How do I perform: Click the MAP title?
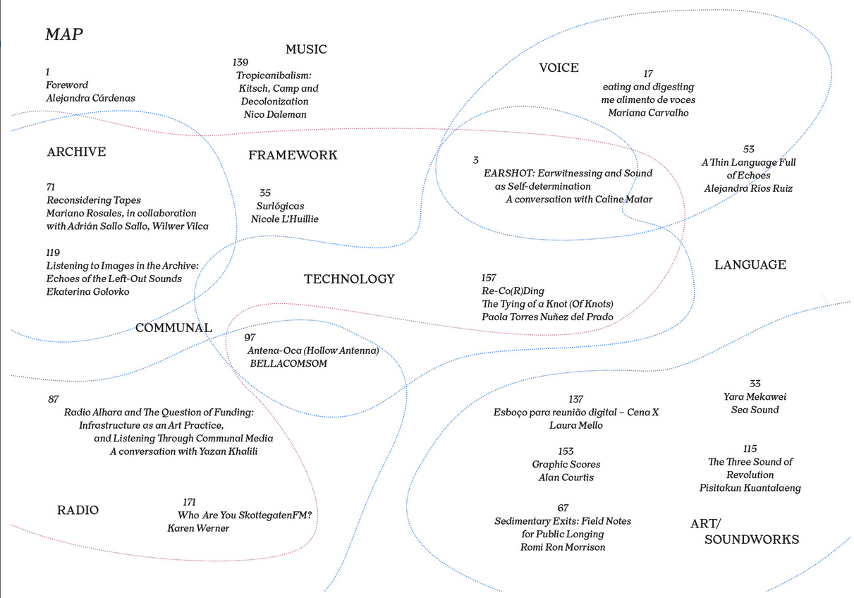tap(64, 35)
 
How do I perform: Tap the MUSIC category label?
tap(306, 49)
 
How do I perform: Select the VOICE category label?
tap(559, 68)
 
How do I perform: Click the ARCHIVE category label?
tap(77, 152)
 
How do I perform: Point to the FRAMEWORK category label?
tap(293, 155)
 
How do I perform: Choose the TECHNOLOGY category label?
tap(349, 279)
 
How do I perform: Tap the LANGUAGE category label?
tap(750, 265)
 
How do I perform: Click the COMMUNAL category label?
tap(174, 328)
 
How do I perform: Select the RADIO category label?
tap(78, 510)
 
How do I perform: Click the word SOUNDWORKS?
tap(752, 539)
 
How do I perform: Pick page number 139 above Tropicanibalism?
tap(240, 62)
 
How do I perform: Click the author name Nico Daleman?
tap(275, 114)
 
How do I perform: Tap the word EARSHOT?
tap(509, 173)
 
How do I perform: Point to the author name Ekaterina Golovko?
tap(87, 291)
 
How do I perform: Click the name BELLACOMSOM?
tap(288, 363)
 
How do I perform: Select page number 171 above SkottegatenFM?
tap(190, 502)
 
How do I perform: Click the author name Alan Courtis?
tap(566, 477)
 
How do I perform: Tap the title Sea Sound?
tap(755, 410)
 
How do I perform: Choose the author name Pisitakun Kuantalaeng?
tap(750, 488)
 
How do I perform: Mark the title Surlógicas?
tap(280, 206)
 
